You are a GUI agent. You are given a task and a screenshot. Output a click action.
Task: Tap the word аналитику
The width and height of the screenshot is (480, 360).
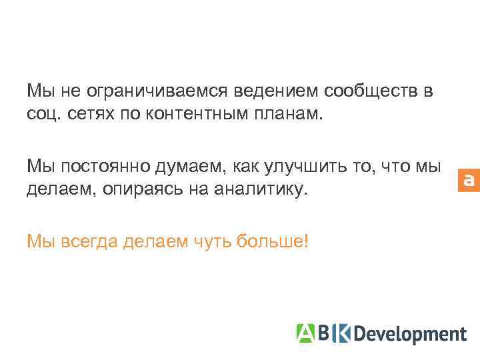pyautogui.click(x=260, y=189)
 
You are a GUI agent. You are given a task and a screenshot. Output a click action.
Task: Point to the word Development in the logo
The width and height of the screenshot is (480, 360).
pyautogui.click(x=409, y=333)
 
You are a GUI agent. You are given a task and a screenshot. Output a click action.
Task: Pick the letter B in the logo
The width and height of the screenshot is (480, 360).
pyautogui.click(x=324, y=332)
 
